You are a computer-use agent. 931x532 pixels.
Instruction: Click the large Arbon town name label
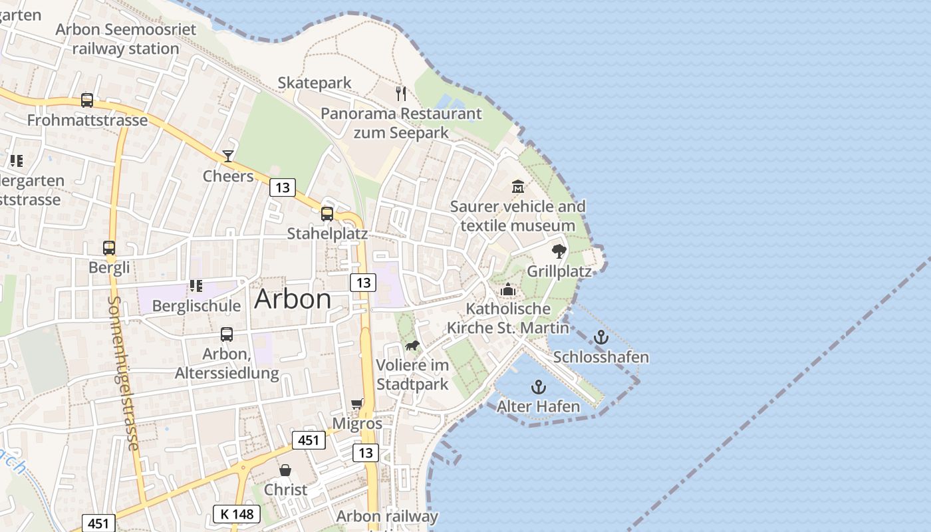click(x=293, y=299)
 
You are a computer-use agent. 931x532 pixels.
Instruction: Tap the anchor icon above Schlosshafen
click(x=601, y=337)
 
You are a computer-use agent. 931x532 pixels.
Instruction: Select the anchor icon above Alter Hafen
click(x=538, y=386)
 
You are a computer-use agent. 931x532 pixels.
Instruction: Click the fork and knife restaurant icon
click(x=401, y=93)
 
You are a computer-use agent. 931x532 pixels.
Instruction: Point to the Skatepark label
click(x=315, y=83)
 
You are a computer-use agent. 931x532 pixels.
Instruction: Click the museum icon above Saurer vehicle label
click(x=518, y=186)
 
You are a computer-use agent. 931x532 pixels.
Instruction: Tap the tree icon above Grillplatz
click(x=559, y=251)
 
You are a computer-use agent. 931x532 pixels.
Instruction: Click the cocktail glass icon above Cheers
click(x=228, y=156)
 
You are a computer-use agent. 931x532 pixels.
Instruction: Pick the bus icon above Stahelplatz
click(x=327, y=213)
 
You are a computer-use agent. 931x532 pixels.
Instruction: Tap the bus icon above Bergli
click(x=109, y=247)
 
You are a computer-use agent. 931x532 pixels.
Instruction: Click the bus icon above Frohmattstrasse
click(x=87, y=100)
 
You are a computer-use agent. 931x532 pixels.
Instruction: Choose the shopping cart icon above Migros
click(x=357, y=404)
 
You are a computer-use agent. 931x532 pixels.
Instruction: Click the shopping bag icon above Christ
click(x=285, y=470)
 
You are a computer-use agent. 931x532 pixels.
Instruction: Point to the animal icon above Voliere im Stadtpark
click(x=412, y=345)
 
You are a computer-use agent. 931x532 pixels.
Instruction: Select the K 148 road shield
click(x=237, y=514)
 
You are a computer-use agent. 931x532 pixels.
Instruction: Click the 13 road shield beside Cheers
click(x=283, y=188)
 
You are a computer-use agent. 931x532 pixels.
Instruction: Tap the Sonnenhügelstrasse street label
click(x=123, y=372)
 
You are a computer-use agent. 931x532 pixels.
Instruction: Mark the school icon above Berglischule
click(x=196, y=286)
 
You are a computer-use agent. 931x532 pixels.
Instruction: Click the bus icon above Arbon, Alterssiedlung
click(x=227, y=334)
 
